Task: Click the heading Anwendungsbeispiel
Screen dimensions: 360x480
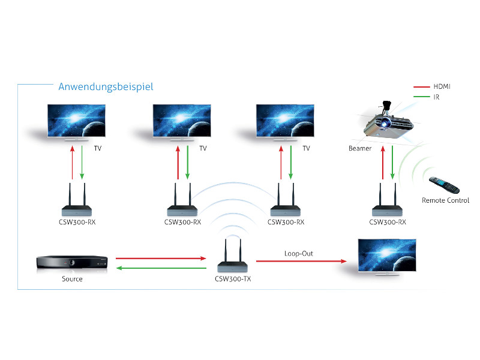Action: click(106, 87)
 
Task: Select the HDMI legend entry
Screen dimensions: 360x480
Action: click(442, 86)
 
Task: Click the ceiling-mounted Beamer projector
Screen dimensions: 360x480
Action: click(388, 122)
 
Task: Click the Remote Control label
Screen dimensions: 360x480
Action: click(445, 200)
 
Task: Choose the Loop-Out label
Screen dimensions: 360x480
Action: click(298, 253)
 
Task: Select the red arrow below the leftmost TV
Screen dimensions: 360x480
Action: click(72, 164)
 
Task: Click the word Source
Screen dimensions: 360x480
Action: click(72, 279)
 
